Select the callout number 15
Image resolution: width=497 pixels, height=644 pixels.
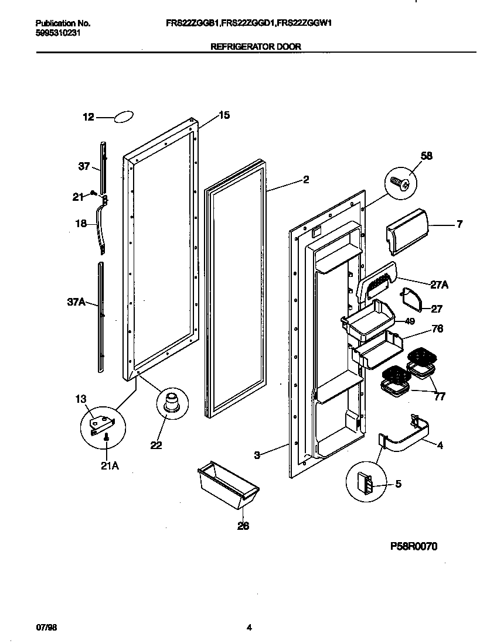click(x=224, y=115)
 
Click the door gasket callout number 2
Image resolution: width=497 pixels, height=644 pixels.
click(x=306, y=180)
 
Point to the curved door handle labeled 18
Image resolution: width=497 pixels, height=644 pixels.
click(x=102, y=225)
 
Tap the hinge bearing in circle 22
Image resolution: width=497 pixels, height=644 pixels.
click(x=171, y=404)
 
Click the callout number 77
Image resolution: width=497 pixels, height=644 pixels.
click(x=440, y=397)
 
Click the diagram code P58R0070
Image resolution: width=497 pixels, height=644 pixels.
click(x=414, y=546)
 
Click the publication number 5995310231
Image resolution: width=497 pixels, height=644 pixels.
click(x=58, y=33)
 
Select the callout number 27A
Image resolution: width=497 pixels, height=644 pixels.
click(x=439, y=285)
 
